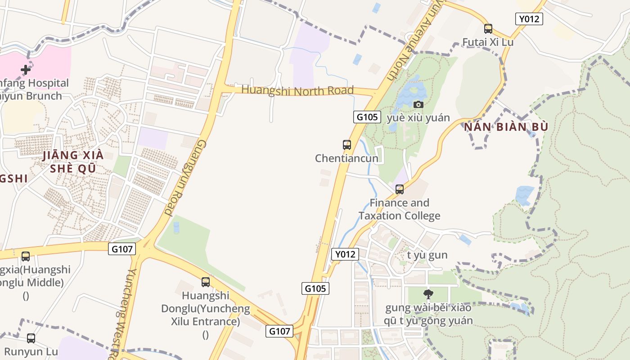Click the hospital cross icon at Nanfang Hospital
[26, 70]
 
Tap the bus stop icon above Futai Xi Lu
[488, 29]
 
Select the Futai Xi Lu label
[488, 42]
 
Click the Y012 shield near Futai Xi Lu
[529, 19]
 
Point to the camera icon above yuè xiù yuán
[418, 104]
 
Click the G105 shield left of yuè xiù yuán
[367, 117]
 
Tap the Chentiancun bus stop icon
[346, 145]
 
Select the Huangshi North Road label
[297, 90]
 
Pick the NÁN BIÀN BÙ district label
[506, 127]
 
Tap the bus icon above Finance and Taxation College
[400, 189]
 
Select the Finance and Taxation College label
[400, 209]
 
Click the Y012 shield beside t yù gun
[345, 254]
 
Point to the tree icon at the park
[428, 294]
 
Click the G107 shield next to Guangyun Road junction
[121, 248]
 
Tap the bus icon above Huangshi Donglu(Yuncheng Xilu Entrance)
[206, 282]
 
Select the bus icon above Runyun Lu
[31, 338]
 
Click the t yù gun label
[427, 255]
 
